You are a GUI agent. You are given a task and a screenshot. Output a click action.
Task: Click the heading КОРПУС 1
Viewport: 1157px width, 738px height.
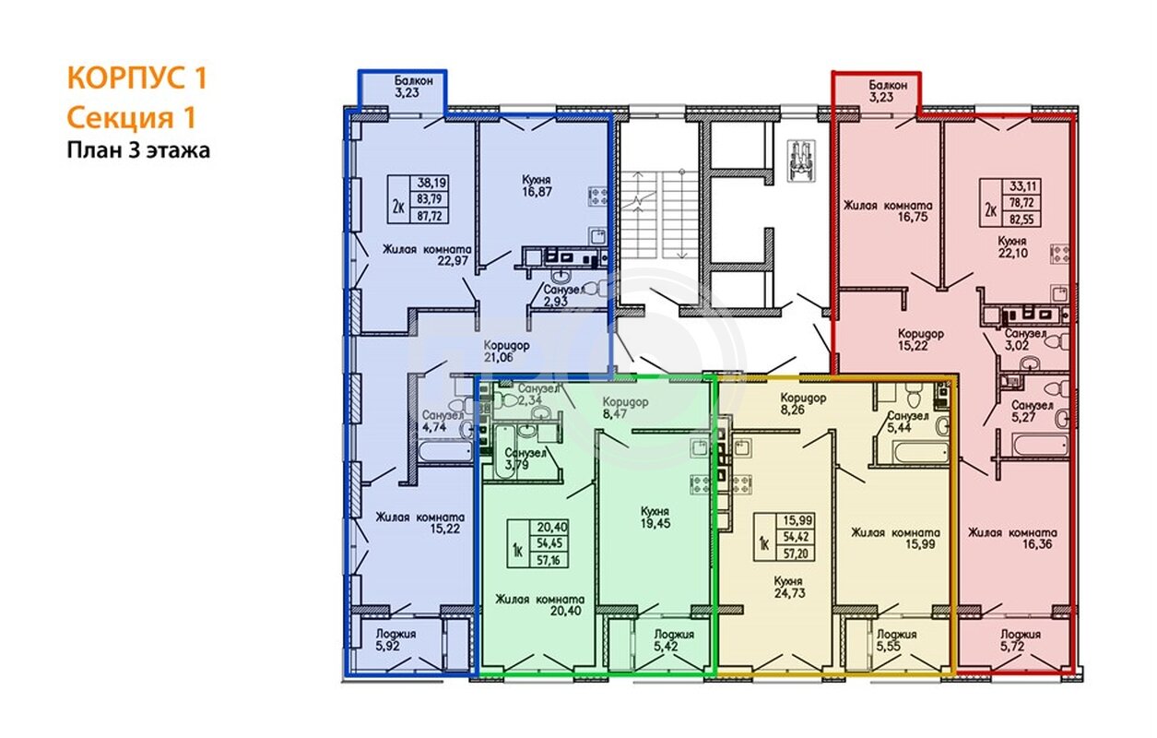click(136, 77)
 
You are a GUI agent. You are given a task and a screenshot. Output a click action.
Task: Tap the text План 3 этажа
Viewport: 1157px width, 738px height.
click(138, 150)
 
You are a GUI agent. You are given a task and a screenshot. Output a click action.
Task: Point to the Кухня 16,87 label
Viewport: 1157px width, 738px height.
click(537, 186)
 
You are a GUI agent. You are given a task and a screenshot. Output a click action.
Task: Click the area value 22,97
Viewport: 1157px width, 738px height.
click(453, 260)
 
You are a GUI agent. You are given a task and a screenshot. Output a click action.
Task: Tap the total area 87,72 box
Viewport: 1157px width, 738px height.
click(430, 216)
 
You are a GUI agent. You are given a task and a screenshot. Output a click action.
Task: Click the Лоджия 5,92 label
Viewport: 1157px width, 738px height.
click(396, 640)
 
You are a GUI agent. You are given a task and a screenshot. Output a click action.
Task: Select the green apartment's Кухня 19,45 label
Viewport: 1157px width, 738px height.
click(655, 518)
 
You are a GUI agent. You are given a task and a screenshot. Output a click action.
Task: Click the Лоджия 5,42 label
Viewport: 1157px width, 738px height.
click(674, 640)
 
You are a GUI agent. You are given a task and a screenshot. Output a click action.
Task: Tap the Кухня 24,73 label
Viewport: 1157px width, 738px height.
click(789, 587)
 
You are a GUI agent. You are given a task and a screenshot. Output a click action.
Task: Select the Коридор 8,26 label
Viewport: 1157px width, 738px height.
click(803, 404)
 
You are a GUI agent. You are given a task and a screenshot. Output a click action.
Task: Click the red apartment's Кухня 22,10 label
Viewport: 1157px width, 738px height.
click(1012, 247)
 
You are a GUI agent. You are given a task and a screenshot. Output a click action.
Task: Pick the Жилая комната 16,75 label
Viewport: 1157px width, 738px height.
click(888, 211)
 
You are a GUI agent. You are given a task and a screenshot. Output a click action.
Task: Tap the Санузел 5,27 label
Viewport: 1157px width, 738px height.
click(1032, 411)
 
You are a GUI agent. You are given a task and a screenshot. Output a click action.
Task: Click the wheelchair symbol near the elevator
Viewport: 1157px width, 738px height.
click(801, 161)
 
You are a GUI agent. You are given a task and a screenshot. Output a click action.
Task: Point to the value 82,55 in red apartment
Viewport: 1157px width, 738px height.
click(1021, 220)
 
